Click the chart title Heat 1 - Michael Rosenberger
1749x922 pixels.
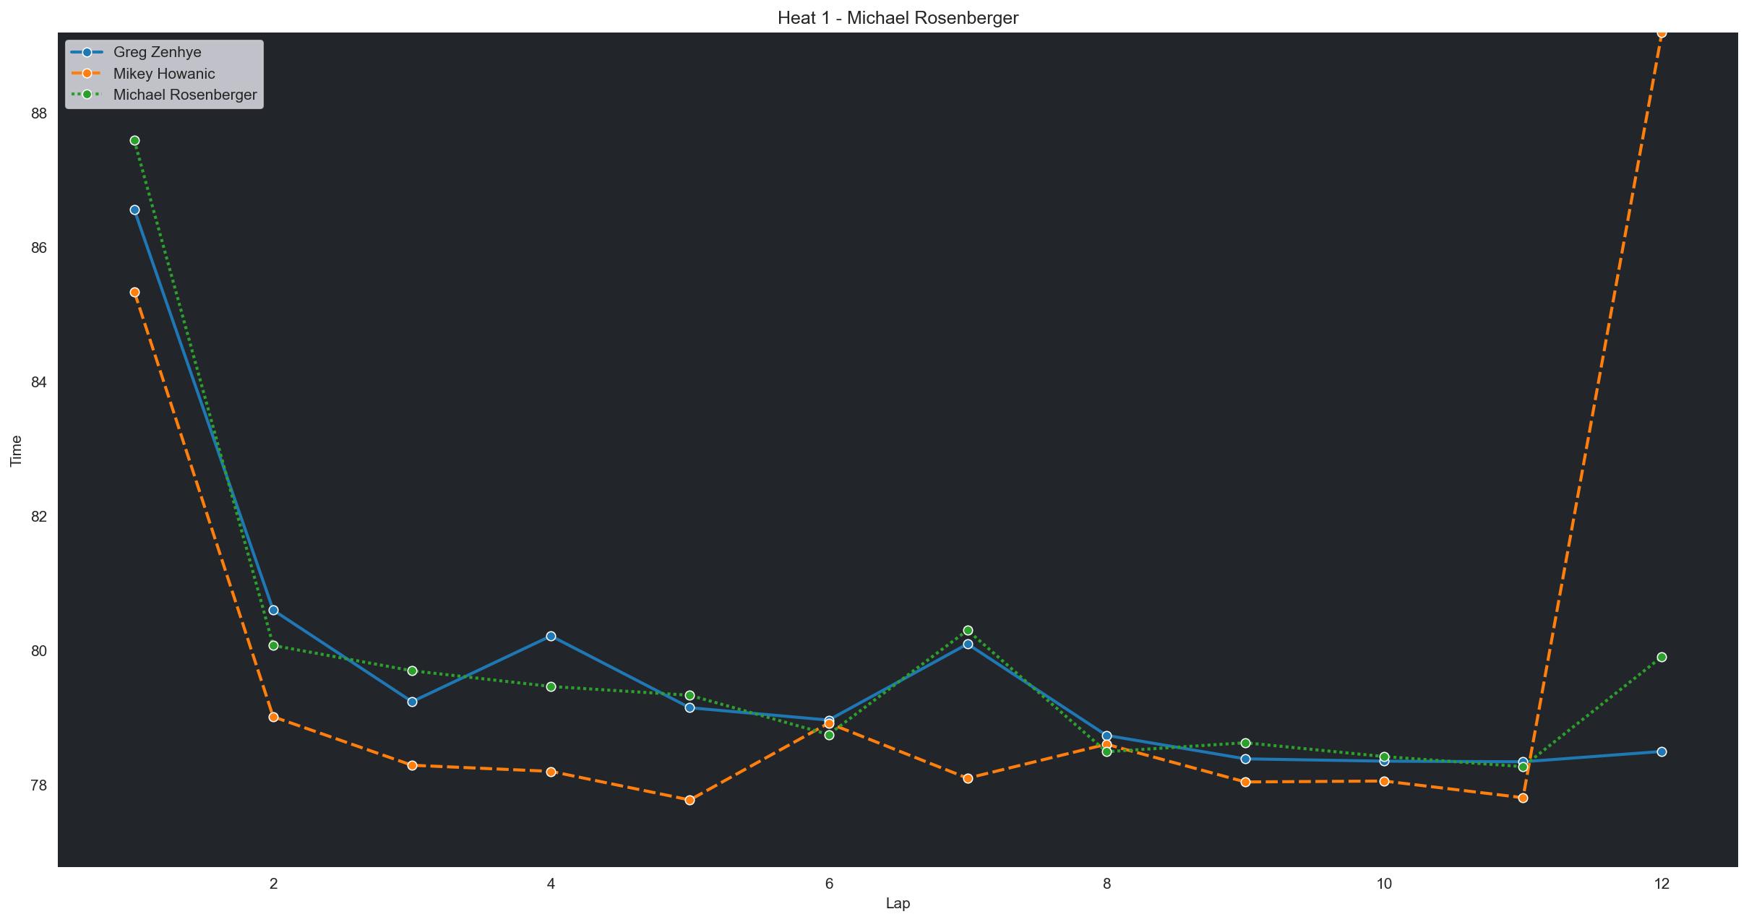[x=898, y=18]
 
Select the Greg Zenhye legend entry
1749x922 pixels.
[x=157, y=52]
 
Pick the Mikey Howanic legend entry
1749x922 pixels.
[x=163, y=74]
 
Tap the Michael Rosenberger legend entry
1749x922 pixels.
[x=184, y=95]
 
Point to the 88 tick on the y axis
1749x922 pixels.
[x=39, y=113]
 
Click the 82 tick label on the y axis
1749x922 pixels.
[x=39, y=517]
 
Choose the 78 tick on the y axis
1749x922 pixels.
[x=39, y=785]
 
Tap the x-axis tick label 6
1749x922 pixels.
[x=829, y=883]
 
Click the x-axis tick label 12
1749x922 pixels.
[x=1662, y=883]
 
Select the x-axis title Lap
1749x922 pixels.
[x=898, y=903]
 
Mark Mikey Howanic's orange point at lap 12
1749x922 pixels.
[x=1662, y=33]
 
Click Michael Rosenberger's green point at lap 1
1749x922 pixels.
[x=134, y=140]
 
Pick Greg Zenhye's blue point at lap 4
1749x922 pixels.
[x=551, y=636]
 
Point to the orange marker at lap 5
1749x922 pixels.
[x=689, y=800]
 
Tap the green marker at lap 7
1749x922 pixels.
[x=968, y=630]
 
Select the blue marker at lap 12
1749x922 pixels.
[x=1662, y=751]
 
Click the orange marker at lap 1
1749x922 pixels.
[x=134, y=292]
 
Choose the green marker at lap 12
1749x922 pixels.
[x=1662, y=657]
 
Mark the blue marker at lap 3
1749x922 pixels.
[x=412, y=702]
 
